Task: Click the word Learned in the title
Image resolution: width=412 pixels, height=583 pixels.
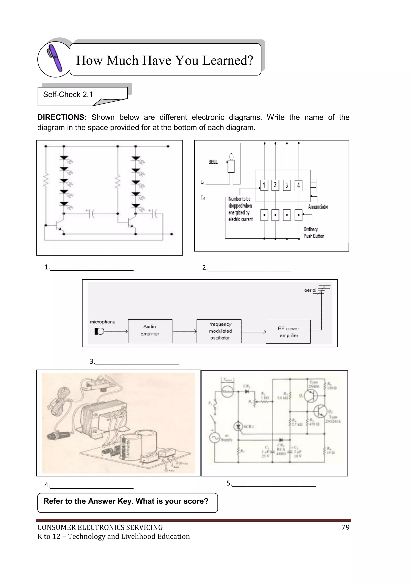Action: tap(228, 60)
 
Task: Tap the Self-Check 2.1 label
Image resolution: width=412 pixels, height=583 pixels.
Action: tap(68, 94)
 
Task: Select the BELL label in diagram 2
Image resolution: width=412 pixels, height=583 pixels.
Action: tap(213, 162)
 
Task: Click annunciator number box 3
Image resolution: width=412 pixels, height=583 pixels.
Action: tap(287, 185)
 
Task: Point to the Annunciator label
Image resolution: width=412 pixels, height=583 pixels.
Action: tap(318, 207)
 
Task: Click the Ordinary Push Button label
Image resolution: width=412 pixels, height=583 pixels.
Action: tap(314, 233)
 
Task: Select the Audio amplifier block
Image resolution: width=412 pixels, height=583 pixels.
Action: tap(150, 331)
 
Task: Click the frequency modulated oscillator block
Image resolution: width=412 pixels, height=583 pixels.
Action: tap(219, 331)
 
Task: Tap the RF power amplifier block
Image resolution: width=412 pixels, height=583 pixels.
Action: tap(288, 332)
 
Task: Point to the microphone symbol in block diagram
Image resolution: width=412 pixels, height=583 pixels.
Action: tap(99, 331)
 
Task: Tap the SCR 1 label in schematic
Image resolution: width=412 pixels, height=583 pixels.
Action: tap(248, 426)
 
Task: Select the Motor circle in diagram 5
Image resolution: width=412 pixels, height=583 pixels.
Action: tap(227, 391)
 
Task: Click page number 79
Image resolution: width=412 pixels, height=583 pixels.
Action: tap(345, 527)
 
